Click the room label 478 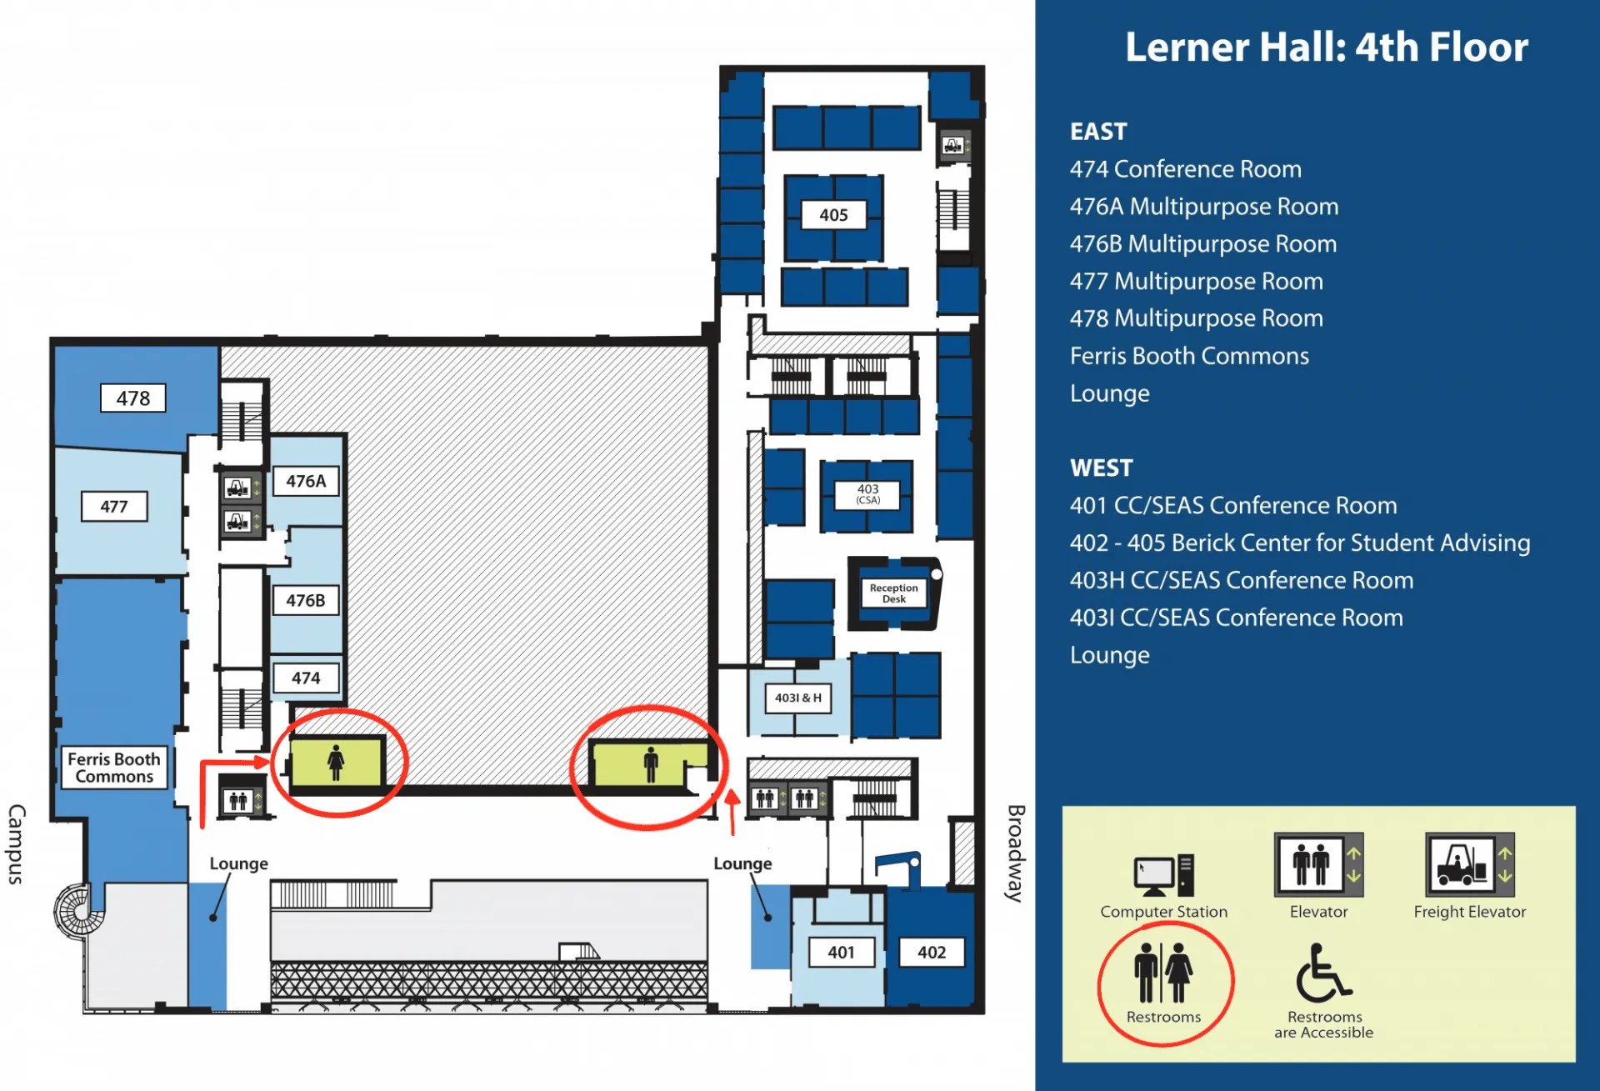click(133, 398)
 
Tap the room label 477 click(114, 506)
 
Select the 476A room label click(306, 481)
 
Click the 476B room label click(306, 600)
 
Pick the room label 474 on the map click(306, 678)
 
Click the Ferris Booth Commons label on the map click(114, 768)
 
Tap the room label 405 click(833, 215)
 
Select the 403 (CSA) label click(868, 494)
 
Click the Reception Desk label click(894, 593)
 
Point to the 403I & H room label click(798, 698)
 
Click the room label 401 click(842, 952)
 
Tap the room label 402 click(932, 952)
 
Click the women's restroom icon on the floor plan click(336, 762)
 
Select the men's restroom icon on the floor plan click(651, 764)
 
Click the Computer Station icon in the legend click(1164, 875)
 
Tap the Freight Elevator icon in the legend click(1470, 864)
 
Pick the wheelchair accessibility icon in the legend click(1323, 973)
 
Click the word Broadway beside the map click(1016, 853)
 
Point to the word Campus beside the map click(17, 844)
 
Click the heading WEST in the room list click(1102, 468)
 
